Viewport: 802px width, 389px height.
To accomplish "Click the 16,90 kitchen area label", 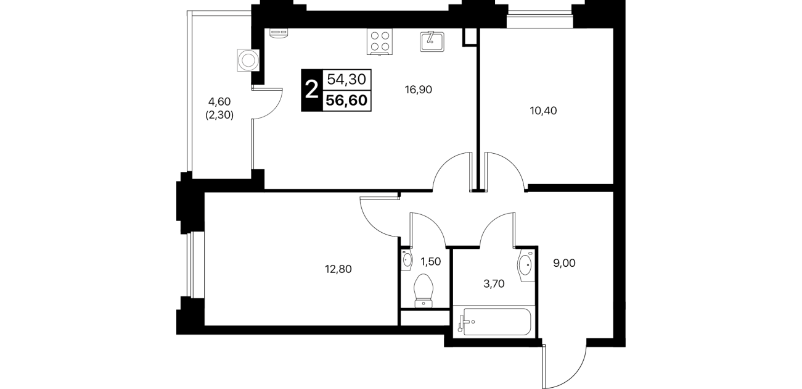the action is (418, 90).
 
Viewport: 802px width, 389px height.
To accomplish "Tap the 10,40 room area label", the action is (543, 111).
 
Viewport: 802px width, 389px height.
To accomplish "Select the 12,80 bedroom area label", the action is (338, 269).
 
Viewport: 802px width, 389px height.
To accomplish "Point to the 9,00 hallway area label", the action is (564, 263).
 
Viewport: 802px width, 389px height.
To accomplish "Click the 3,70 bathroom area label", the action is (494, 284).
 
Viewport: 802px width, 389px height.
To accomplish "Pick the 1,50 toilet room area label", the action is (430, 262).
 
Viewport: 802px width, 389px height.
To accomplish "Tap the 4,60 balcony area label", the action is (219, 102).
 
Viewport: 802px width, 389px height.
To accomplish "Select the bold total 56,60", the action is (346, 101).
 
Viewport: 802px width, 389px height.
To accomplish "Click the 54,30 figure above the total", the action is (346, 79).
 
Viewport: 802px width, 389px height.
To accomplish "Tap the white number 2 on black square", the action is (311, 90).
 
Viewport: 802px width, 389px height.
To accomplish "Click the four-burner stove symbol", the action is (380, 41).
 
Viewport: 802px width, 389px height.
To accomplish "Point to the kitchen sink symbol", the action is (432, 41).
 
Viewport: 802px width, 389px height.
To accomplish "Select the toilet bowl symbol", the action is (424, 291).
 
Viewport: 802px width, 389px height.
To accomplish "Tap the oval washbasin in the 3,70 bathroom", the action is (525, 266).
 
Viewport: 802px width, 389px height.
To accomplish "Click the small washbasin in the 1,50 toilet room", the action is (407, 259).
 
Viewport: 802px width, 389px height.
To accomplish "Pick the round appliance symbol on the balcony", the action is (248, 61).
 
